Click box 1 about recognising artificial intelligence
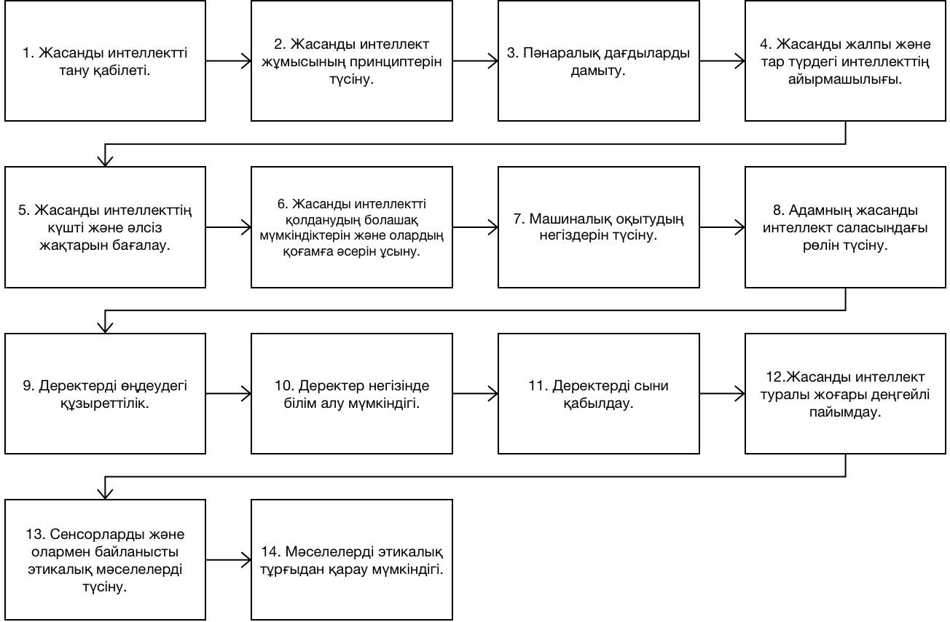[105, 61]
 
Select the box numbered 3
[598, 61]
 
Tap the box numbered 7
[598, 227]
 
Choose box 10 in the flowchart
[352, 394]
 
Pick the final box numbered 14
[352, 559]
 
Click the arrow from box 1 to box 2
[229, 61]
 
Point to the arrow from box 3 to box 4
[722, 61]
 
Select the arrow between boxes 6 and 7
[476, 227]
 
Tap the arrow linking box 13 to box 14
[229, 560]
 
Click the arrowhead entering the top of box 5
[105, 161]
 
